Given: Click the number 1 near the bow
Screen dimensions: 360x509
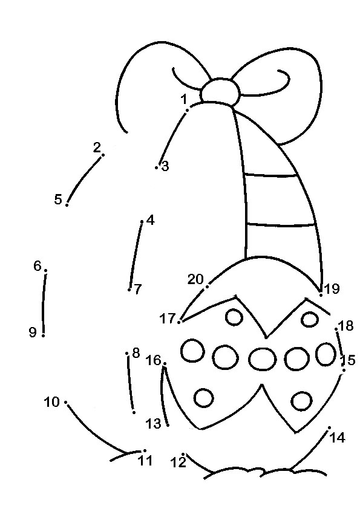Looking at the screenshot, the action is pyautogui.click(x=184, y=99).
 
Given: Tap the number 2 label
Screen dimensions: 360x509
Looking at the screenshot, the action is pyautogui.click(x=97, y=148).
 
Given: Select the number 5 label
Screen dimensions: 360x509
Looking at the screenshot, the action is pyautogui.click(x=58, y=199).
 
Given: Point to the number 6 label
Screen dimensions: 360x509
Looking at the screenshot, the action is pyautogui.click(x=38, y=266).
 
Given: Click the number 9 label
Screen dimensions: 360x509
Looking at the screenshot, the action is pyautogui.click(x=33, y=332).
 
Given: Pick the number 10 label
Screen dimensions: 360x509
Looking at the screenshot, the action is pyautogui.click(x=51, y=402).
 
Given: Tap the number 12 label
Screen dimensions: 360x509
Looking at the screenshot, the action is pyautogui.click(x=178, y=462).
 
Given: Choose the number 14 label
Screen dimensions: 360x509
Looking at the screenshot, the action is pyautogui.click(x=337, y=438).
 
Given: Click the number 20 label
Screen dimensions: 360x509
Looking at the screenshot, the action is pyautogui.click(x=195, y=279).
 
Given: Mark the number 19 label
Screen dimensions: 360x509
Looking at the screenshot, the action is pyautogui.click(x=332, y=288).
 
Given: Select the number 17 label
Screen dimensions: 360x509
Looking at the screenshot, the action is pyautogui.click(x=168, y=319).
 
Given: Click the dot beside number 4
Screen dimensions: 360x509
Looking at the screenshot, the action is pyautogui.click(x=142, y=222).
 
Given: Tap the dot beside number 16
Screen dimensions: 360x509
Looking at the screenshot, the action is pyautogui.click(x=165, y=363).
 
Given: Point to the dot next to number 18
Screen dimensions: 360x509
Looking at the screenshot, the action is pyautogui.click(x=336, y=329).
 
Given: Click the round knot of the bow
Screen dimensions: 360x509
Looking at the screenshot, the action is pyautogui.click(x=220, y=91).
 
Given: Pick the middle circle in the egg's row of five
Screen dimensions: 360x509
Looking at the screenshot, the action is pyautogui.click(x=263, y=358).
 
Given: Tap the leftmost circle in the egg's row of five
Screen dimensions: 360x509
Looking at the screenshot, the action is pyautogui.click(x=192, y=351).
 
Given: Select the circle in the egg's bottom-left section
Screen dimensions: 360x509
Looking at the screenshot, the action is pyautogui.click(x=204, y=398).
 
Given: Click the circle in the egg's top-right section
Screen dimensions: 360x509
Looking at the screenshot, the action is pyautogui.click(x=310, y=319).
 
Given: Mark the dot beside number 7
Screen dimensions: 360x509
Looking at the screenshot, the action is pyautogui.click(x=129, y=290).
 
